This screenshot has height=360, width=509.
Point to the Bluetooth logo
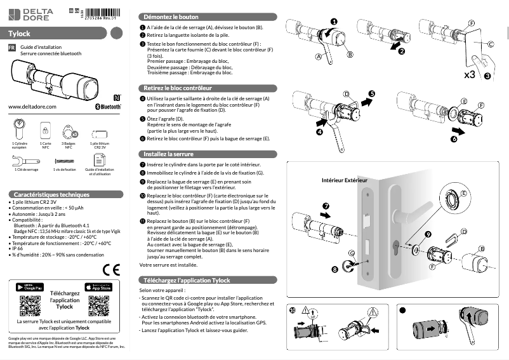click(x=108, y=107)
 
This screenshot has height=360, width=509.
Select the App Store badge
click(x=98, y=288)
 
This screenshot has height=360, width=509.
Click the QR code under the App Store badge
click(x=98, y=306)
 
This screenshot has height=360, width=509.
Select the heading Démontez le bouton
click(x=171, y=17)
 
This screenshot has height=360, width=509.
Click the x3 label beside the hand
click(x=470, y=75)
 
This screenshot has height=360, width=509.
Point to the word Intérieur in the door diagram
click(x=337, y=181)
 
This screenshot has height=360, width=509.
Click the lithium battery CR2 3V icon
click(x=100, y=134)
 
